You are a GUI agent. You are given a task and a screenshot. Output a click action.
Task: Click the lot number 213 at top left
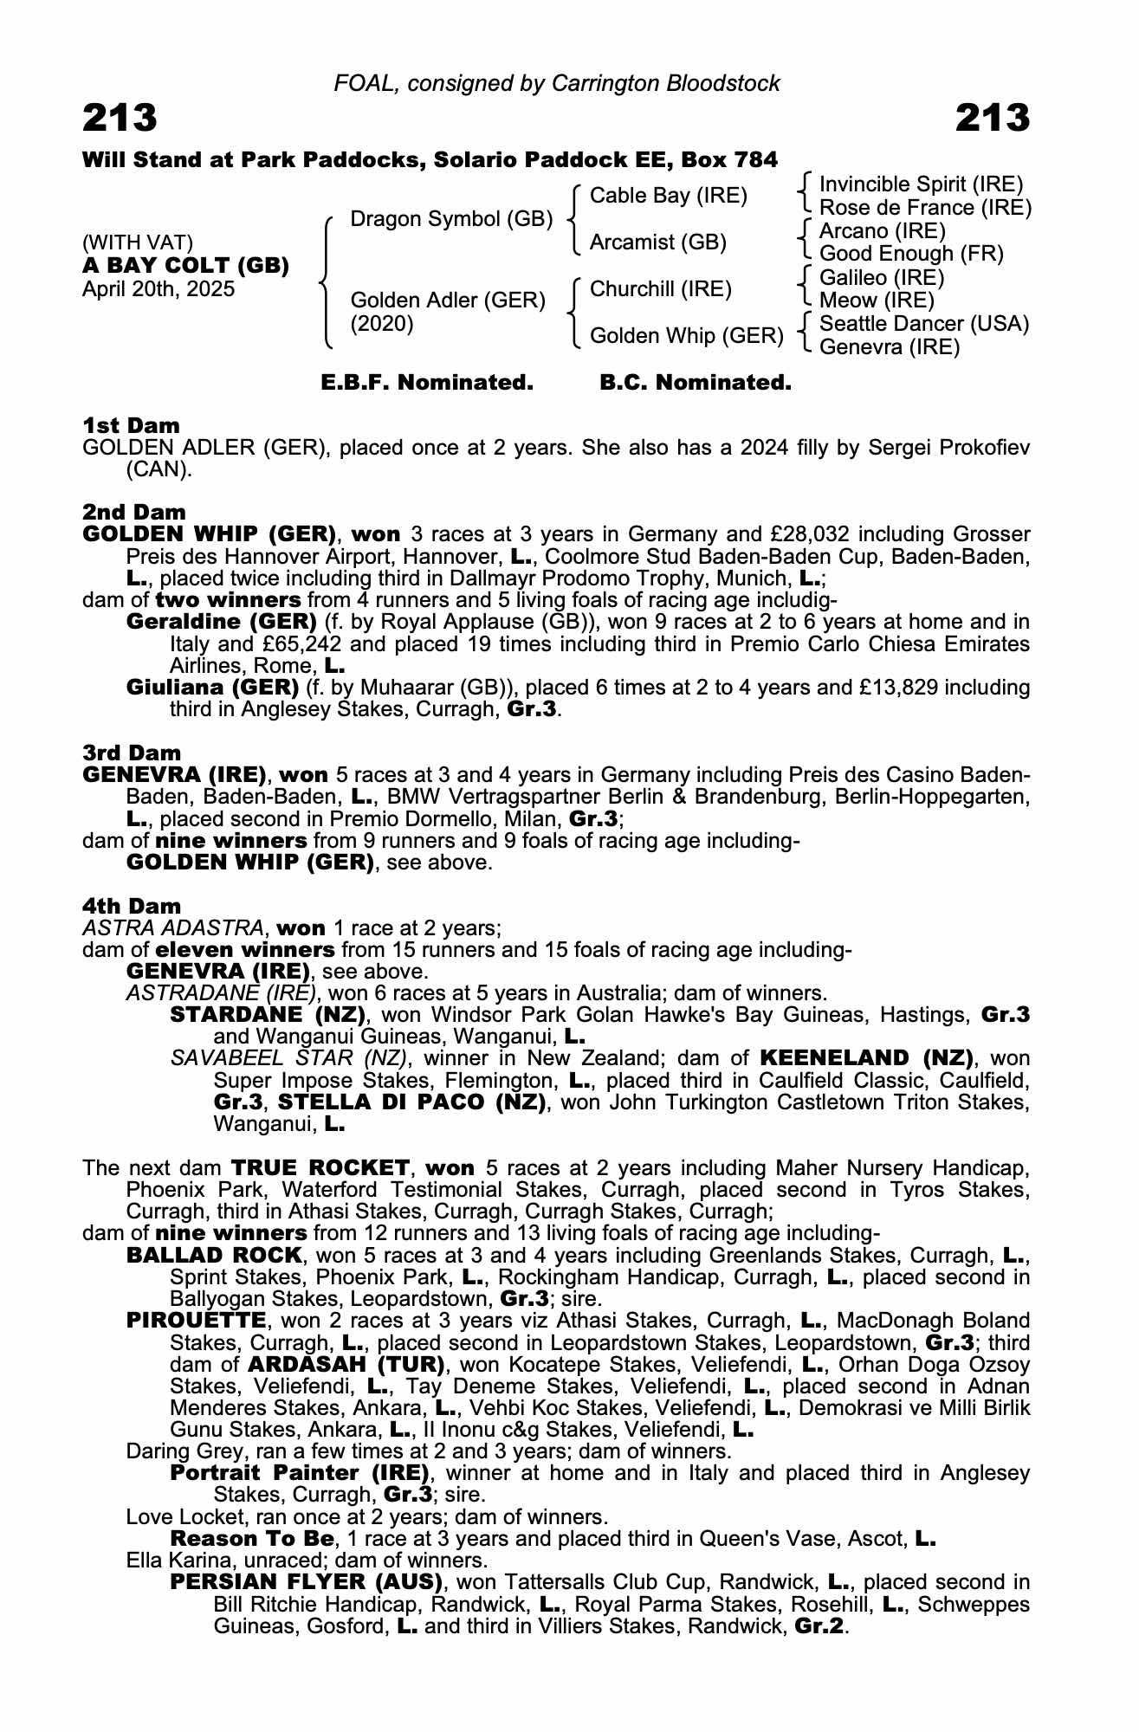pyautogui.click(x=120, y=118)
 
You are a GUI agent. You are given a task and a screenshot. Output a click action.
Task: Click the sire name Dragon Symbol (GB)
pyautogui.click(x=451, y=219)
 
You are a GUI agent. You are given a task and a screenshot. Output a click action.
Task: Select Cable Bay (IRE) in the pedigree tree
pyautogui.click(x=668, y=196)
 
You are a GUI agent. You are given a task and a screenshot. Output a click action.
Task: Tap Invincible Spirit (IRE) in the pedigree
pyautogui.click(x=921, y=184)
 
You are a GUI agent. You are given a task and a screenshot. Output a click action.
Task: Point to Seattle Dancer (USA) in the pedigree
pyautogui.click(x=923, y=324)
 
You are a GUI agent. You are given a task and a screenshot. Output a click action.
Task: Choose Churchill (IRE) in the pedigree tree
pyautogui.click(x=660, y=288)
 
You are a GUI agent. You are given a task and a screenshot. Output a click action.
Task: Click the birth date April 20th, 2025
pyautogui.click(x=159, y=288)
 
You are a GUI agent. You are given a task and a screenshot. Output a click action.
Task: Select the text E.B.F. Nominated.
pyautogui.click(x=427, y=383)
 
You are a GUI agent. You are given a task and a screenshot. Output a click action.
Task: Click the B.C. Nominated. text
pyautogui.click(x=696, y=383)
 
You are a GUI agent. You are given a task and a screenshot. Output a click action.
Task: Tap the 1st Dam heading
pyautogui.click(x=131, y=425)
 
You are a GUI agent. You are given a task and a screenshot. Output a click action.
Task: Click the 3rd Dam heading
pyautogui.click(x=132, y=753)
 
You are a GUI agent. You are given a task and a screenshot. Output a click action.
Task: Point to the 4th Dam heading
pyautogui.click(x=132, y=906)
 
